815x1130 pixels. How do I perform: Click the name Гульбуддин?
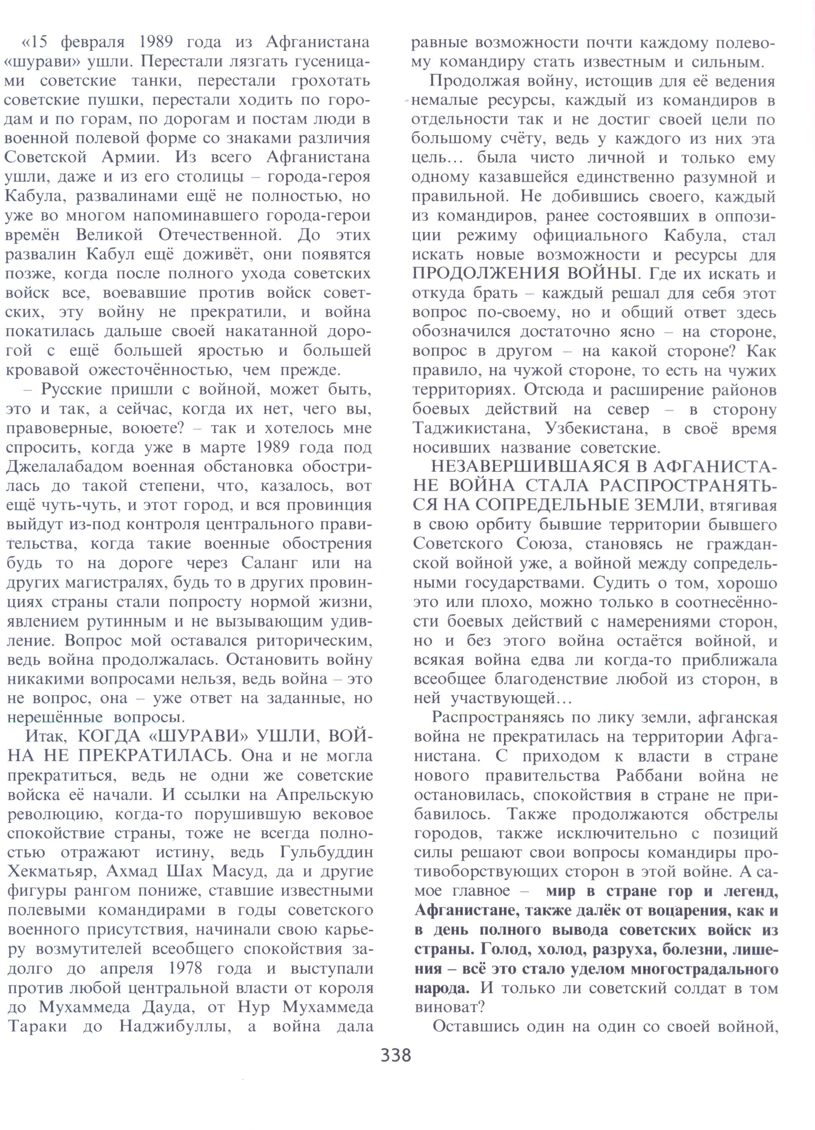327,852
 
